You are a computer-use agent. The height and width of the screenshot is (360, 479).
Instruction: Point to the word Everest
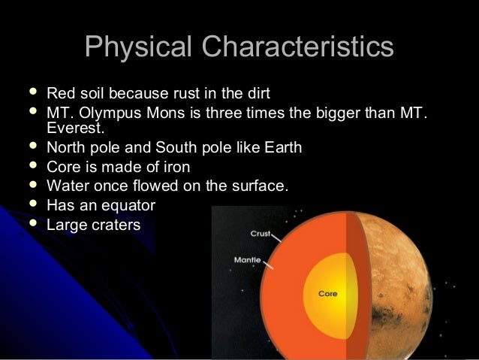point(73,130)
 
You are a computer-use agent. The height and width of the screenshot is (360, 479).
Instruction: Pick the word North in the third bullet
point(66,148)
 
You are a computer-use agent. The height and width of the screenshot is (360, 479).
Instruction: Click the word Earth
point(282,148)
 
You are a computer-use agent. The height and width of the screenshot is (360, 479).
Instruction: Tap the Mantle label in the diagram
point(248,260)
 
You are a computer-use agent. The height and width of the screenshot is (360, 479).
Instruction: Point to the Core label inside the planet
point(327,294)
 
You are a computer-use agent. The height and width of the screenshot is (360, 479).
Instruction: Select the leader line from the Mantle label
point(268,265)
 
